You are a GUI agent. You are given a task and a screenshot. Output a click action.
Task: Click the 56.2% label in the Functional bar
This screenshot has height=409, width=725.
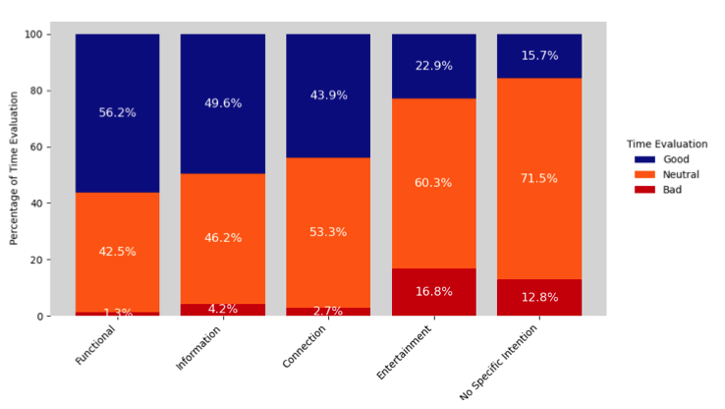(x=117, y=113)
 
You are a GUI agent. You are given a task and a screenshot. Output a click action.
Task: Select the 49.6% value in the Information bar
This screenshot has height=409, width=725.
(x=223, y=103)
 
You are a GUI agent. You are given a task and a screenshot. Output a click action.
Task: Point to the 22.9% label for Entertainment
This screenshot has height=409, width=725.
(x=433, y=66)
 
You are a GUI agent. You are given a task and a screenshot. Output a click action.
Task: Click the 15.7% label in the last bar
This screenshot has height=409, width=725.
(x=539, y=56)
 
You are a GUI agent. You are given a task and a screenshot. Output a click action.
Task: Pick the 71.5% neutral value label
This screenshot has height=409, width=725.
(x=539, y=178)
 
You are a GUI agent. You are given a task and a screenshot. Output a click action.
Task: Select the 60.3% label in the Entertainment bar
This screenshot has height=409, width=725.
(x=433, y=183)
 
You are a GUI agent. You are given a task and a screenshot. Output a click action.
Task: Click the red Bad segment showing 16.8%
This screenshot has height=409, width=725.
(x=433, y=292)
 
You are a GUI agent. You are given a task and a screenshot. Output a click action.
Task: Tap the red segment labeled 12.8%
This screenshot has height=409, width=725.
(x=539, y=298)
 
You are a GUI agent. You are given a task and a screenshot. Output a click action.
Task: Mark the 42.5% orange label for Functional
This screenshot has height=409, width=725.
(x=117, y=252)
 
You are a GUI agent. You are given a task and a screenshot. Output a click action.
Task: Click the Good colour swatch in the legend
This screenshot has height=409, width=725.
(x=644, y=159)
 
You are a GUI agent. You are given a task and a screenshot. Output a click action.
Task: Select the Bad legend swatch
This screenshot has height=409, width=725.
(x=644, y=189)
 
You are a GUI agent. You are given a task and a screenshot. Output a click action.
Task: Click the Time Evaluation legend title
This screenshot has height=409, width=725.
(x=667, y=144)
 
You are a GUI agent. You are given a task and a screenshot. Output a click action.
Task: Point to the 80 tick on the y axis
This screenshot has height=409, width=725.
(x=43, y=90)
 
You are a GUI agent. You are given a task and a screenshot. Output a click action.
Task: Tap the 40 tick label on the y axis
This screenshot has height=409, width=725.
(x=43, y=204)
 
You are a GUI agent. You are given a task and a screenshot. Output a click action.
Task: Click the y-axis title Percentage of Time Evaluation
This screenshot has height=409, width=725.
(x=15, y=168)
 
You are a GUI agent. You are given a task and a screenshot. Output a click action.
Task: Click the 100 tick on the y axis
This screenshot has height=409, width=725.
(x=40, y=34)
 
